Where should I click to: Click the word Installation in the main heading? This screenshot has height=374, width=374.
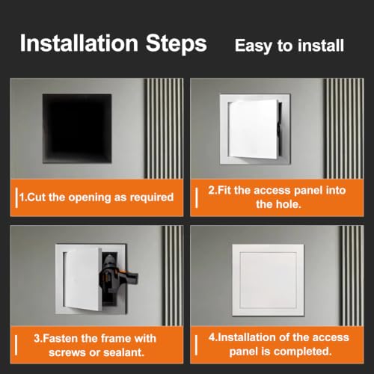79,43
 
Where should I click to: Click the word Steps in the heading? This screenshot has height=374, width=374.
177,44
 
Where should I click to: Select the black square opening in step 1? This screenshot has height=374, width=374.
77,129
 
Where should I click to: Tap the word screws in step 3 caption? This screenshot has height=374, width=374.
67,353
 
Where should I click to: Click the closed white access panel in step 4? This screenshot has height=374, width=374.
268,280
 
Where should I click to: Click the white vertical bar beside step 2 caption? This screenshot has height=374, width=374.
197,197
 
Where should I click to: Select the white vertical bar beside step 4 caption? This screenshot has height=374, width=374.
196,345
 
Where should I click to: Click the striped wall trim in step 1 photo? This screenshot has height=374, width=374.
164,129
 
